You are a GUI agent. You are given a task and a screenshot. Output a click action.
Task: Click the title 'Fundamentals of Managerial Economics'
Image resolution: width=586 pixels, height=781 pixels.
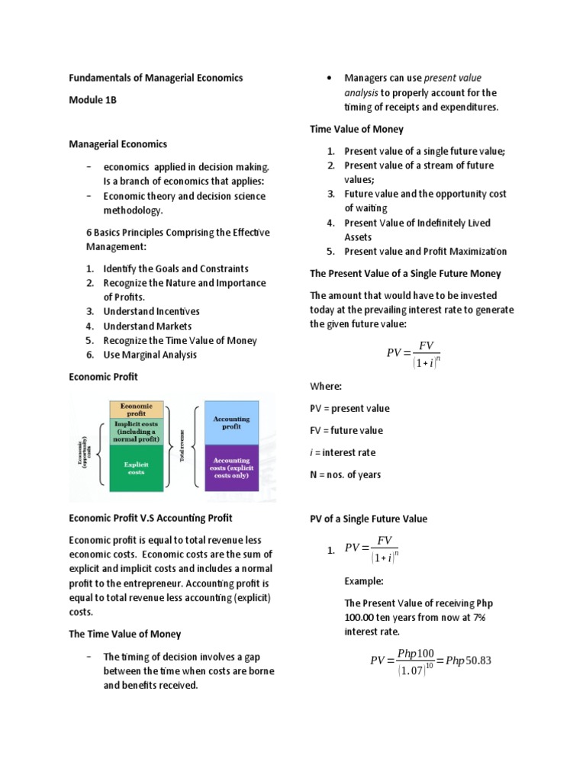pyautogui.click(x=156, y=78)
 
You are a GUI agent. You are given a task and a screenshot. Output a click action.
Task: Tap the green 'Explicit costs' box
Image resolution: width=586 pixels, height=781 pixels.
pyautogui.click(x=137, y=467)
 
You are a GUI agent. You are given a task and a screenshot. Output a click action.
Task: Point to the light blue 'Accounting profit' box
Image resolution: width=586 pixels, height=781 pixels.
pyautogui.click(x=231, y=424)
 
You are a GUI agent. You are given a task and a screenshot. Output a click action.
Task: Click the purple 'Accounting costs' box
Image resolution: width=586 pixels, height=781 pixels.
pyautogui.click(x=231, y=466)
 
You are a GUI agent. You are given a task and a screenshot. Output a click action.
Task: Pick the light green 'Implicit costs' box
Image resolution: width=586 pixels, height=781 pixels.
pyautogui.click(x=137, y=431)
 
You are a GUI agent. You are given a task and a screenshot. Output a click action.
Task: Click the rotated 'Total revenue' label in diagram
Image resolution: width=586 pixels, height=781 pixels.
pyautogui.click(x=182, y=446)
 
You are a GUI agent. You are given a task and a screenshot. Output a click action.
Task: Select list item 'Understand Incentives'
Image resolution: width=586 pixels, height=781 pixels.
pyautogui.click(x=151, y=311)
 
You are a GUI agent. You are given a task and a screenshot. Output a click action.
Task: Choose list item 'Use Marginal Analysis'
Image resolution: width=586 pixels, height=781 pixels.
pyautogui.click(x=150, y=355)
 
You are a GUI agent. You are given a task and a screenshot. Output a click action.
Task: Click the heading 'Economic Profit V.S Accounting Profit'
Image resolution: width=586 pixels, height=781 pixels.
pyautogui.click(x=151, y=518)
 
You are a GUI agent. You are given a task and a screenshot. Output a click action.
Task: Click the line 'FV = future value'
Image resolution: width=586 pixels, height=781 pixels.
pyautogui.click(x=346, y=430)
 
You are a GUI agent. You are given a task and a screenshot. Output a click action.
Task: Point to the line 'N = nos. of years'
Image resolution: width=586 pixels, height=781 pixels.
pyautogui.click(x=345, y=474)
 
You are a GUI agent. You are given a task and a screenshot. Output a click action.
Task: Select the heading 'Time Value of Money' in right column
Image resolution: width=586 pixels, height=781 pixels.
pyautogui.click(x=356, y=129)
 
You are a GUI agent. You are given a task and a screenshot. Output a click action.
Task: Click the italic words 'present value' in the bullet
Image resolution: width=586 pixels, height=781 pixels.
pyautogui.click(x=452, y=78)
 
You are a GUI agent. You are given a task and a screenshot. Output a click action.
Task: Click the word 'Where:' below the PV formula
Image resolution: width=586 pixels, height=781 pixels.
pyautogui.click(x=326, y=386)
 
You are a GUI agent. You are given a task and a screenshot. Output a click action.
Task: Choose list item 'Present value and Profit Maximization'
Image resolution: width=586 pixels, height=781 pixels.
pyautogui.click(x=425, y=252)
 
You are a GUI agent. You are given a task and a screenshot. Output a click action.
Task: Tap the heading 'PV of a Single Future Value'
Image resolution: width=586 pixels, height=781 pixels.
pyautogui.click(x=369, y=519)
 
